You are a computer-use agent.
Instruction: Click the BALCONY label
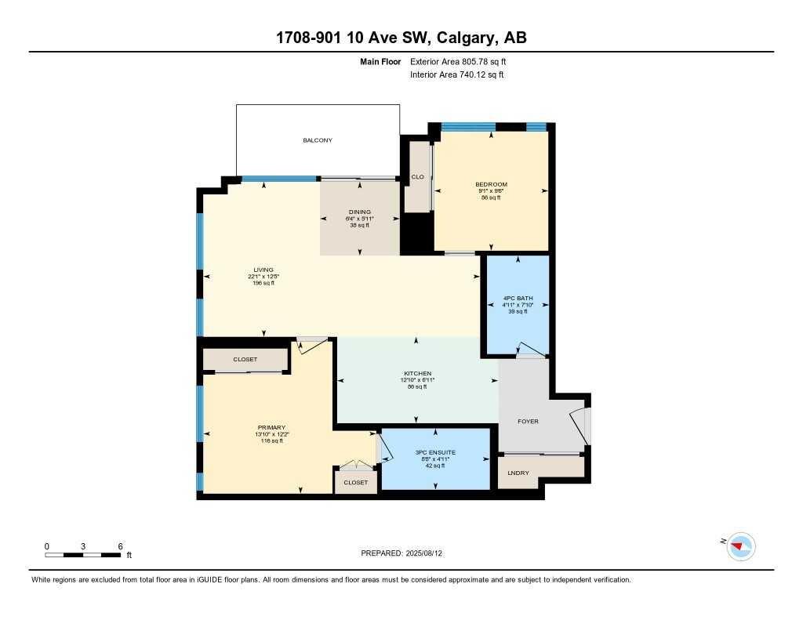(318, 140)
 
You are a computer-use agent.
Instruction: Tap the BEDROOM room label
(491, 184)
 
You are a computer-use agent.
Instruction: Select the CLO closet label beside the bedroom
(417, 177)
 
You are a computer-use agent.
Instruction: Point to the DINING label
(361, 212)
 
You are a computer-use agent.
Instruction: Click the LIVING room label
(263, 270)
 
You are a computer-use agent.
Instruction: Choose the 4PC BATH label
(518, 298)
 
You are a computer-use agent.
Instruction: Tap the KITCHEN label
(417, 373)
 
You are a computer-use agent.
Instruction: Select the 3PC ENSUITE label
(435, 453)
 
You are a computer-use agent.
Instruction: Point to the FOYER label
(528, 422)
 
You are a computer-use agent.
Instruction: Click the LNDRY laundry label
(518, 473)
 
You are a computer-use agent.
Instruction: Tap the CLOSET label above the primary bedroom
(245, 360)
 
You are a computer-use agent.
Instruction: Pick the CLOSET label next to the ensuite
(355, 483)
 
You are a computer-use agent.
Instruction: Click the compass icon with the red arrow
(740, 546)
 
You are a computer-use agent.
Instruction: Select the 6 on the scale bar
(120, 546)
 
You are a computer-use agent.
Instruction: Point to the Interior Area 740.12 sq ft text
(457, 75)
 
